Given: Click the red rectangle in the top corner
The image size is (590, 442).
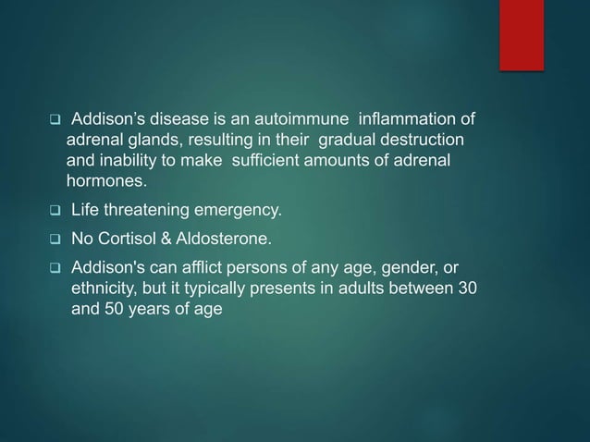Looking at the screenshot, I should tap(522, 34).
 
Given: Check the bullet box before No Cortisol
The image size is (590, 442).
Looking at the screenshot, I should tap(55, 241).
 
